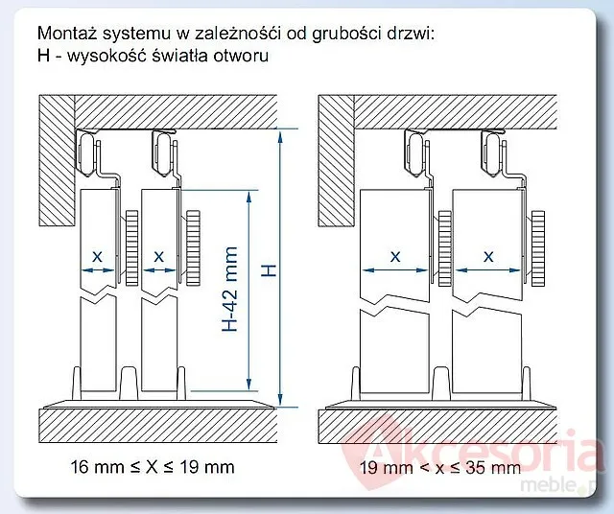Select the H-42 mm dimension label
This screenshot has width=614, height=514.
tap(230, 289)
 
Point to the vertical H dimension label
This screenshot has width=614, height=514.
tap(269, 270)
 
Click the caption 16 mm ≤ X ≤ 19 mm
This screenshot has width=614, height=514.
tap(153, 467)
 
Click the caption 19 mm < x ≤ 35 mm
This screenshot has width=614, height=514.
tap(440, 467)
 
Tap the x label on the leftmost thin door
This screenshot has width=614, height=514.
tap(97, 257)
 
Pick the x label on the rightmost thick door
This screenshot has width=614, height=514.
tap(488, 257)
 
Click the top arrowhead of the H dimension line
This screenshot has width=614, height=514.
tap(280, 137)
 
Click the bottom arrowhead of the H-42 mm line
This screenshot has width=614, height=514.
tap(249, 385)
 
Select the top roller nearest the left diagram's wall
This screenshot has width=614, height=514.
tap(87, 153)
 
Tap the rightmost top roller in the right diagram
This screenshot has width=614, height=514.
tap(494, 153)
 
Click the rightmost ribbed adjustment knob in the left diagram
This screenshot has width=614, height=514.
tap(193, 247)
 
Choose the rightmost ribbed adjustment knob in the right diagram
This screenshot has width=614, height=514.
tap(537, 247)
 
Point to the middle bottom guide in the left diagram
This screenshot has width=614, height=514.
tap(129, 384)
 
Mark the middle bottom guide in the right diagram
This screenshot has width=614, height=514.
tap(441, 384)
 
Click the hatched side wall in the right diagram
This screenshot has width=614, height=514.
tap(336, 160)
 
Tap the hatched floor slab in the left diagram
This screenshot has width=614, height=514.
tap(157, 426)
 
